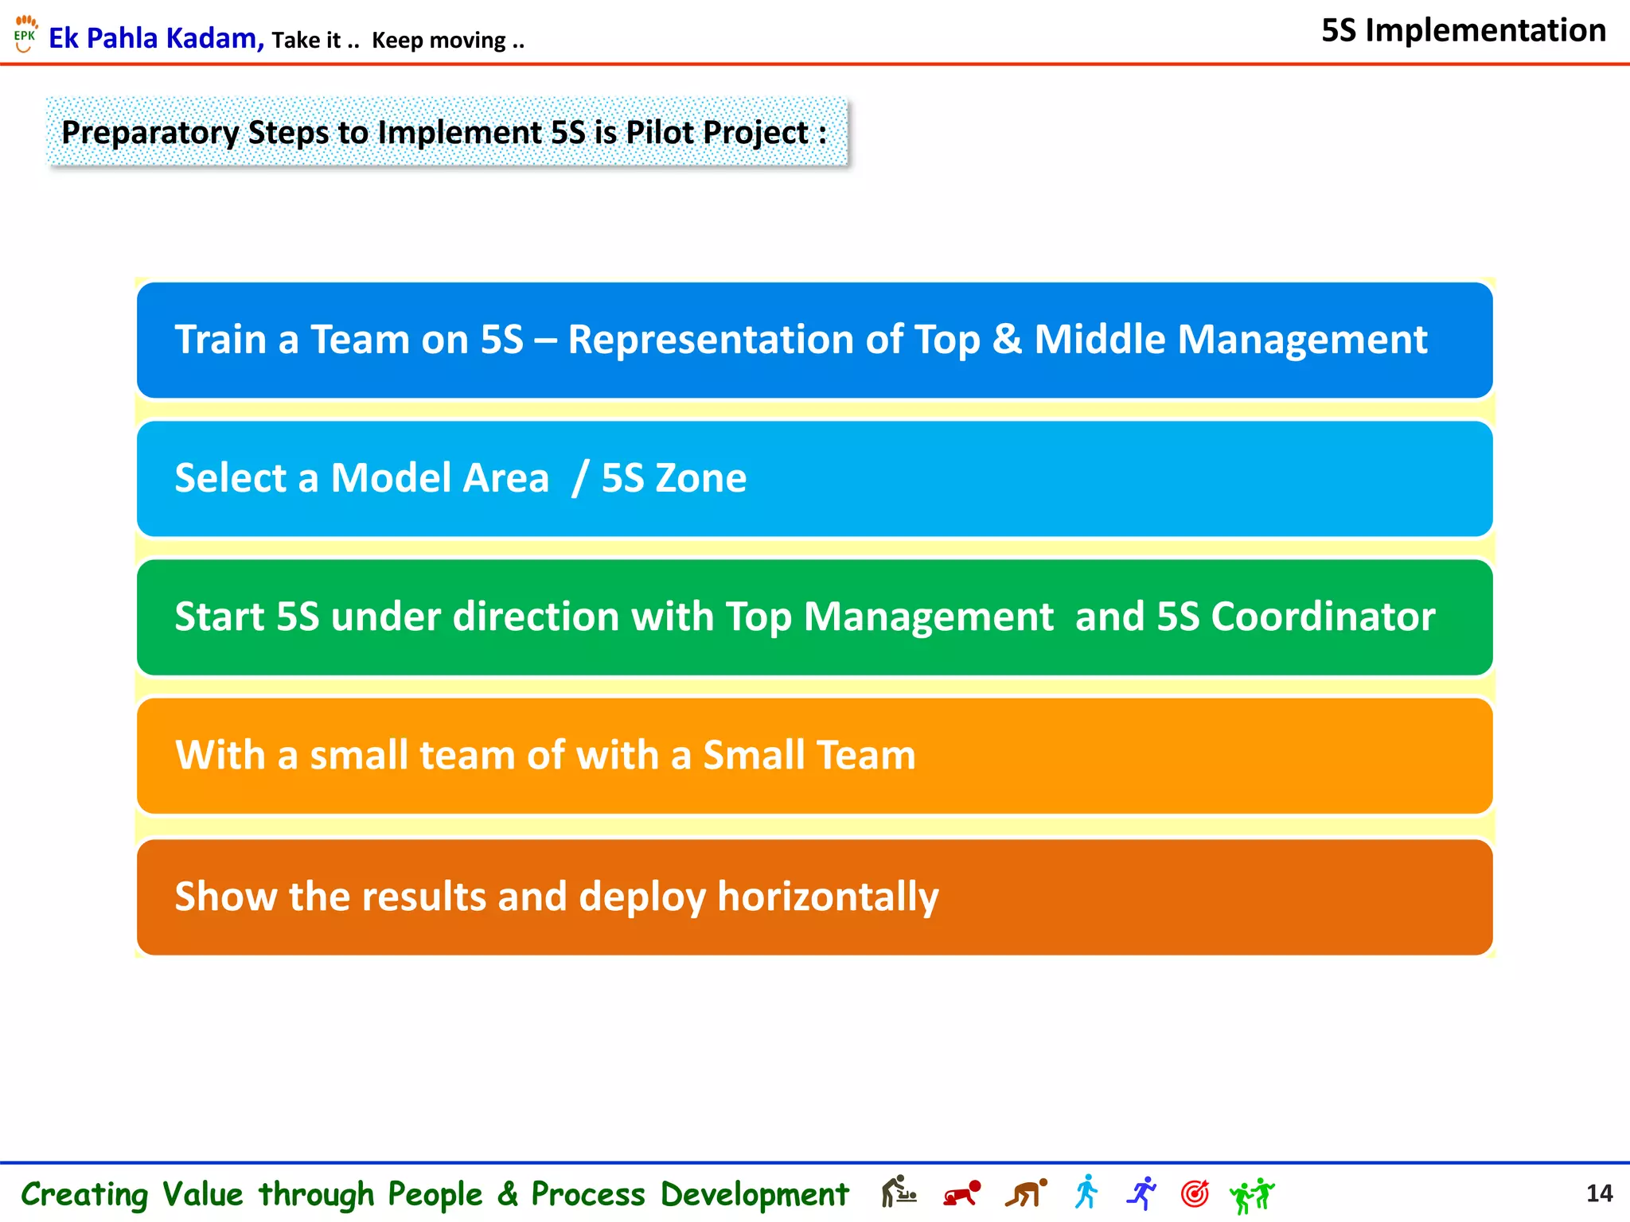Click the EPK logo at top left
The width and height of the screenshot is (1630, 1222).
(x=25, y=34)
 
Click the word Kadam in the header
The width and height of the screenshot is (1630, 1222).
(x=214, y=38)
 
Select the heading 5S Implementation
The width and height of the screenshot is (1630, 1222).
(x=1463, y=31)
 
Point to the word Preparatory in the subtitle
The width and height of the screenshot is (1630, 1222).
(x=150, y=132)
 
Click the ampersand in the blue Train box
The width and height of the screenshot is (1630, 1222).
(x=1007, y=340)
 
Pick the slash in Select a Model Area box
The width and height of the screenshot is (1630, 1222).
(x=580, y=478)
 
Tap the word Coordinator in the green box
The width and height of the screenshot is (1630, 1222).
(x=1323, y=617)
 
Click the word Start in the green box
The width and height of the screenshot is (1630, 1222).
(x=219, y=617)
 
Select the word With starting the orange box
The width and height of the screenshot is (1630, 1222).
(x=220, y=755)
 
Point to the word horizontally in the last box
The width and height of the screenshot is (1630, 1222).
(x=828, y=897)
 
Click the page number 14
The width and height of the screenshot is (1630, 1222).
(x=1598, y=1193)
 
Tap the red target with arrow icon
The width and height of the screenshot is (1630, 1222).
(x=1195, y=1193)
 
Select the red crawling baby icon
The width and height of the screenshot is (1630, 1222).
(x=961, y=1194)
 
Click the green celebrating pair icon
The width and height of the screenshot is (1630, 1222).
(x=1251, y=1195)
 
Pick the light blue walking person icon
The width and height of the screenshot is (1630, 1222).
(x=1086, y=1193)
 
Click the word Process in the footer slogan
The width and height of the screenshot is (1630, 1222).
(x=587, y=1194)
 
